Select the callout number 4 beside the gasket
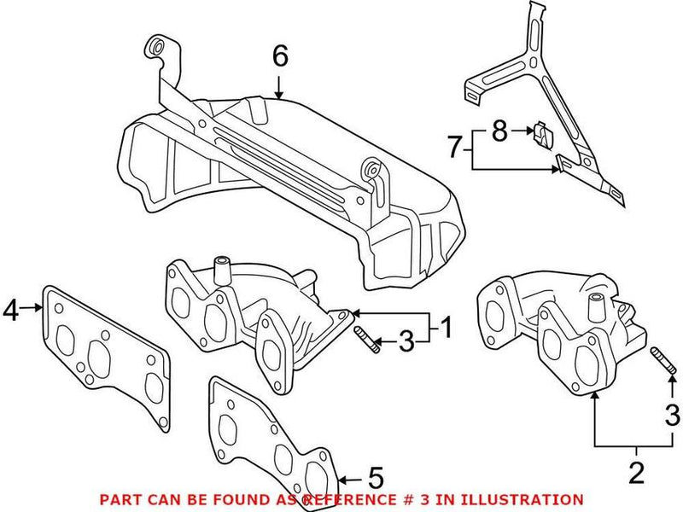click(x=10, y=311)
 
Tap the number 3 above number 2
click(x=672, y=416)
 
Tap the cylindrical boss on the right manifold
click(x=597, y=303)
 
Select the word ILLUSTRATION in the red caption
click(x=534, y=499)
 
